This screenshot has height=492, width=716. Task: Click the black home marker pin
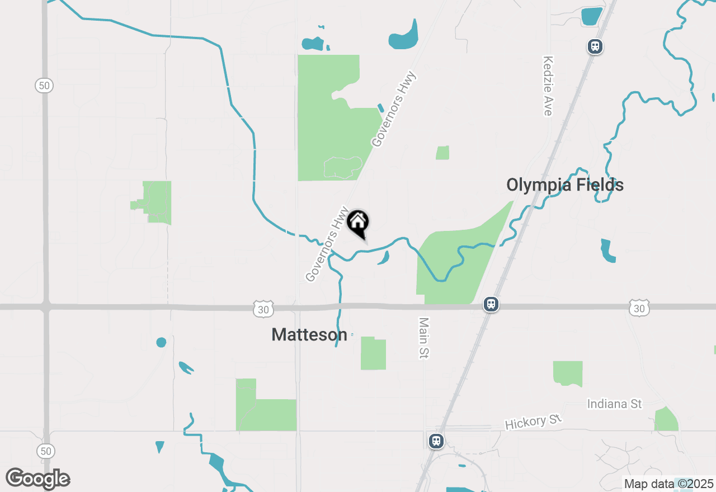point(358,223)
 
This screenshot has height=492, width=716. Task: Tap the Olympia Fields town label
point(565,184)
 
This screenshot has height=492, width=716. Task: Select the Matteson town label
point(309,334)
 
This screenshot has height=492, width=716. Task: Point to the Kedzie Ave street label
point(548,86)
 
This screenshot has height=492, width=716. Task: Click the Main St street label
point(423,338)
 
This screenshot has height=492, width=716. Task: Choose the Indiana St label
point(614,404)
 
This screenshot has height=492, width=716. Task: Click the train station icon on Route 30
point(491,305)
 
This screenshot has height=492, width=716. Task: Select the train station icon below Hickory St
point(436,441)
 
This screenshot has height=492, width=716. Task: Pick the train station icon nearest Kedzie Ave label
point(595,46)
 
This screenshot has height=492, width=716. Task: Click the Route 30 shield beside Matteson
point(263,309)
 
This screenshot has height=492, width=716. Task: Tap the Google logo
point(37,479)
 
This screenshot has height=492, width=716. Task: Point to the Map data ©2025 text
point(669,484)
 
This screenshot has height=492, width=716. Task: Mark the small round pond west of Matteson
point(161,342)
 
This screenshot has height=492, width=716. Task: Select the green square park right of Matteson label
point(373,353)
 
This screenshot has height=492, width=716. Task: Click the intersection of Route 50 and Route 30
point(45,307)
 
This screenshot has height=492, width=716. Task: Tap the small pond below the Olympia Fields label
point(607,251)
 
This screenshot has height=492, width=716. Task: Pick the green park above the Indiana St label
point(568,373)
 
